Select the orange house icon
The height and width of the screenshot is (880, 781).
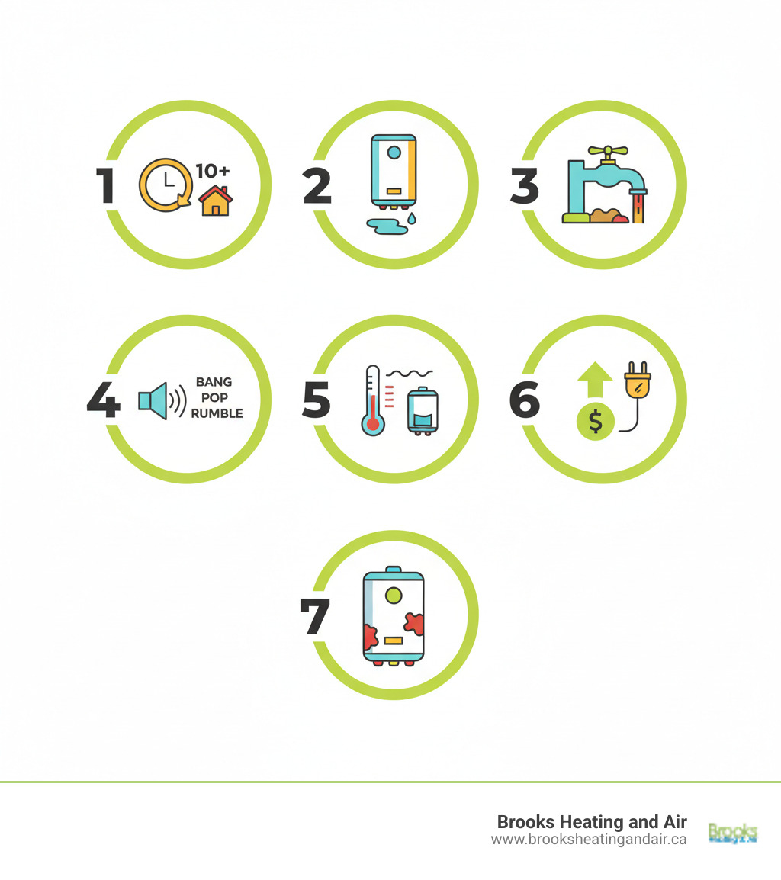[x=215, y=201]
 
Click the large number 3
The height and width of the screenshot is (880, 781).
[x=524, y=186]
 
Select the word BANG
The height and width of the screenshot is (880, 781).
[x=214, y=382]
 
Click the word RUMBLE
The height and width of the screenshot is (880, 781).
[x=217, y=413]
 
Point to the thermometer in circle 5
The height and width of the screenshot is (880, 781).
[x=373, y=401]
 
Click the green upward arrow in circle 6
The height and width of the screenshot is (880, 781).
[x=596, y=377]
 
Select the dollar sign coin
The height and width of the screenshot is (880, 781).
[x=596, y=421]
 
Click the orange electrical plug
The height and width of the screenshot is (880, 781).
[x=636, y=381]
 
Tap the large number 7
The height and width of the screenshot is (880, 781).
[x=315, y=616]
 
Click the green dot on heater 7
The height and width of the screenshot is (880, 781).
[x=394, y=594]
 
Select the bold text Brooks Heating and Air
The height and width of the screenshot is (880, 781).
[x=591, y=821]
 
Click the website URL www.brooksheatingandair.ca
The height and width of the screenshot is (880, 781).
[x=588, y=839]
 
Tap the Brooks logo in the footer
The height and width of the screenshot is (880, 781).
[x=732, y=832]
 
